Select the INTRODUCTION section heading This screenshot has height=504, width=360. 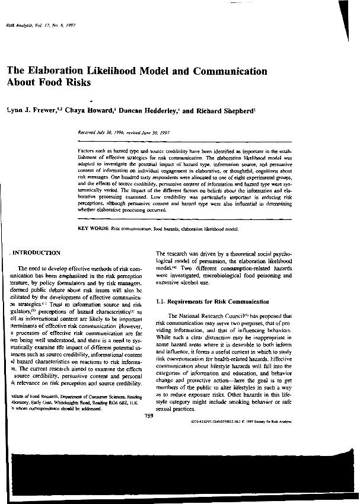[x=37, y=253]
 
